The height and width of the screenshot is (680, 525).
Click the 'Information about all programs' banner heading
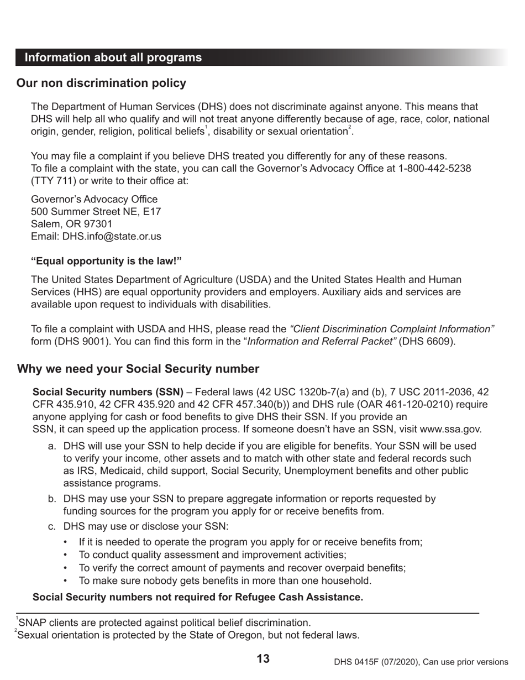click(113, 57)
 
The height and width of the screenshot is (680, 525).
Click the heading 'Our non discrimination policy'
click(101, 83)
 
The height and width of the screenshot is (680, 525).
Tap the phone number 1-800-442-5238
click(434, 168)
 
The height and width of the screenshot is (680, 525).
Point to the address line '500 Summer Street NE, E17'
click(96, 211)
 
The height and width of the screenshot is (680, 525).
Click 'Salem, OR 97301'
click(71, 224)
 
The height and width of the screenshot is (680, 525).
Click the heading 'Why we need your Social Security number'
click(138, 369)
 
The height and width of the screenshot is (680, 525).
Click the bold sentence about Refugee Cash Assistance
click(198, 597)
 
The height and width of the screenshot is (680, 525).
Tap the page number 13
click(263, 658)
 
